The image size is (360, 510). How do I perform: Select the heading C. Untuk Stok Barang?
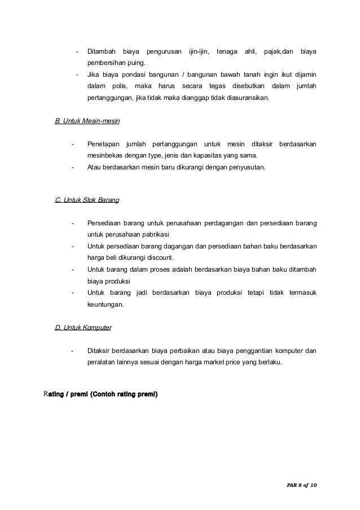coord(87,200)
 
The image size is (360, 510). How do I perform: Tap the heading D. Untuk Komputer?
coord(83,327)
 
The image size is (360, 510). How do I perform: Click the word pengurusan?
coord(164,52)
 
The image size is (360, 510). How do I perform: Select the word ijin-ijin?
coord(198,52)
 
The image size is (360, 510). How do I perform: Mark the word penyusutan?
coord(247,167)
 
